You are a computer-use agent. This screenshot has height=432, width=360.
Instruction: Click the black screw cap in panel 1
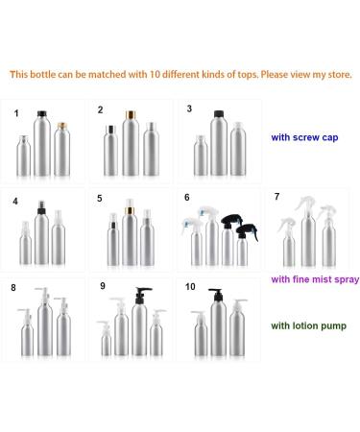(42, 113)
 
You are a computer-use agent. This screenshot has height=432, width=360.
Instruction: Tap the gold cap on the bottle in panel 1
(62, 126)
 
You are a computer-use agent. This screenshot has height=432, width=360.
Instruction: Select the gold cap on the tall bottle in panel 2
(131, 115)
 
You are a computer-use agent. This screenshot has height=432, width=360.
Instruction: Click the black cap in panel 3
(219, 113)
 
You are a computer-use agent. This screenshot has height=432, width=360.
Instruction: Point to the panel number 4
(15, 202)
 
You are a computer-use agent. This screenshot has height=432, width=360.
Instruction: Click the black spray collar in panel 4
(41, 210)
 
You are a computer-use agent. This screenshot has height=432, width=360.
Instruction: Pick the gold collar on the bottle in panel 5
(130, 210)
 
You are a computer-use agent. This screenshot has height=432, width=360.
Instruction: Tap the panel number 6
(187, 198)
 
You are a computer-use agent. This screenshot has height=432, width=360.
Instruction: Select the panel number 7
(277, 197)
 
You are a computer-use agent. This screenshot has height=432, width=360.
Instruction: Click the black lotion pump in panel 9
(142, 296)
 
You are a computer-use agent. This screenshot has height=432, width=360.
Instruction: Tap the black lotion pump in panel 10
(217, 295)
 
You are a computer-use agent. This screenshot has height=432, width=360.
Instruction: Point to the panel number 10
(190, 286)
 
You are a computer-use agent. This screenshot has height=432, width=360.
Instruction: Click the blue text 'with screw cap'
(304, 137)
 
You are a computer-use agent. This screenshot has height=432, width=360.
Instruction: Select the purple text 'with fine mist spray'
(315, 279)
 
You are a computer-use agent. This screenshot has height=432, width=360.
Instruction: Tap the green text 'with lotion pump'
(308, 325)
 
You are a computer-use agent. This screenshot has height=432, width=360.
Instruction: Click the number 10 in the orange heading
(155, 75)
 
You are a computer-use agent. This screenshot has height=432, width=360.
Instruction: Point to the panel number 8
(13, 288)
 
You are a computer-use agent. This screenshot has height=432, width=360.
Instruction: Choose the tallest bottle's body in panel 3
(219, 146)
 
